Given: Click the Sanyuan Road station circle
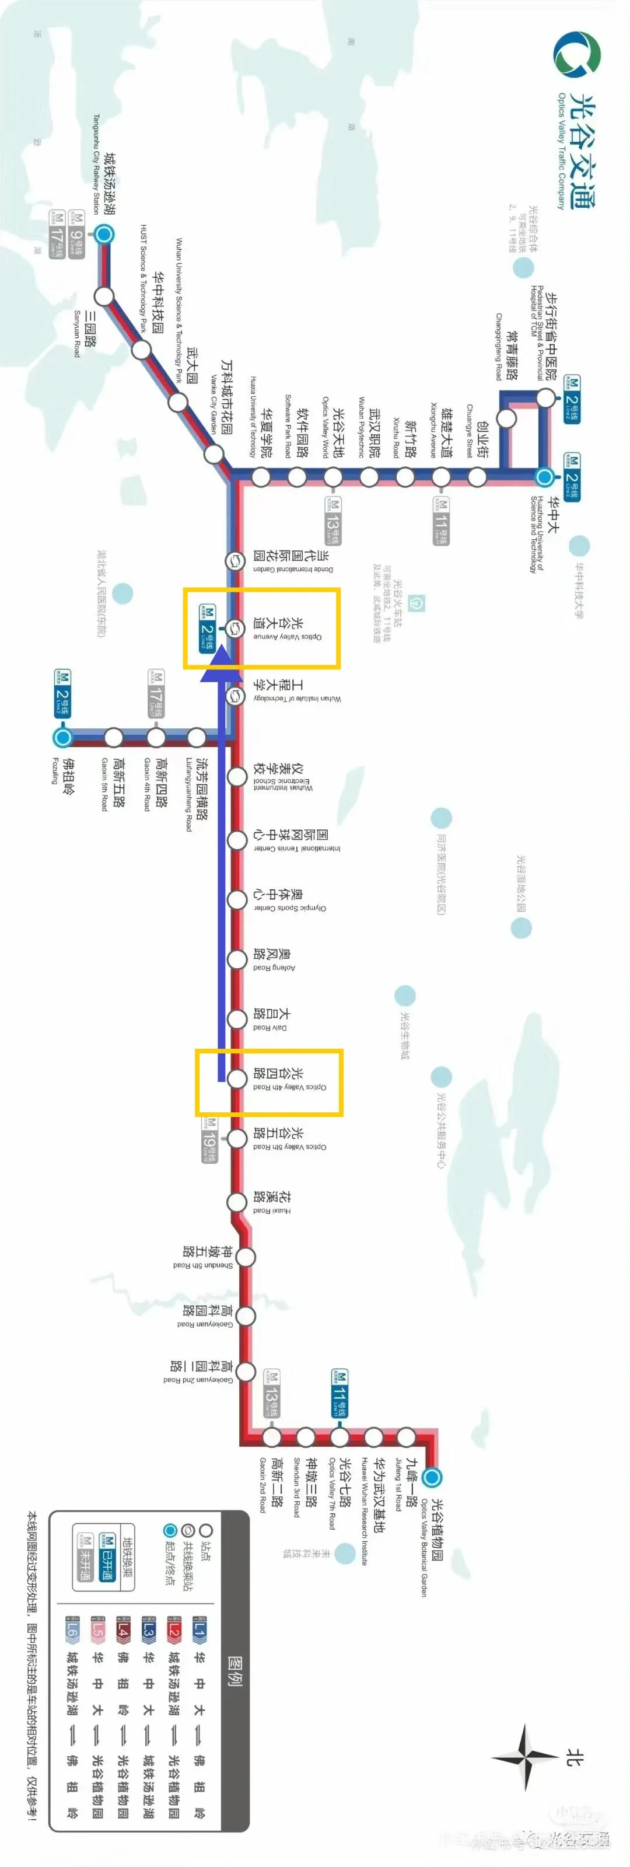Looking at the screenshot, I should [x=104, y=296].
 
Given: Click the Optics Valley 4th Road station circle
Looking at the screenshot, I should [x=237, y=1079].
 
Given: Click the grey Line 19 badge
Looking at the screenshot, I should [x=209, y=1139].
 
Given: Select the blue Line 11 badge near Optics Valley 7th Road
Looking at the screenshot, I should [x=339, y=1393].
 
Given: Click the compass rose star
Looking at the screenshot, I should [x=526, y=1756].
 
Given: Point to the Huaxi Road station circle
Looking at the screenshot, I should [x=237, y=1201].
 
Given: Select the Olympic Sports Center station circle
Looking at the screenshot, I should [x=237, y=899].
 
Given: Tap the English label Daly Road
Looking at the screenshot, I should [x=269, y=1027].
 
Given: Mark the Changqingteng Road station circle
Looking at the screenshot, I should [x=506, y=418].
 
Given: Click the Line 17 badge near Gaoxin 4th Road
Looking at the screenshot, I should [x=156, y=695].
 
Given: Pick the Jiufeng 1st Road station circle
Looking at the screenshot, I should [x=406, y=1436].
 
